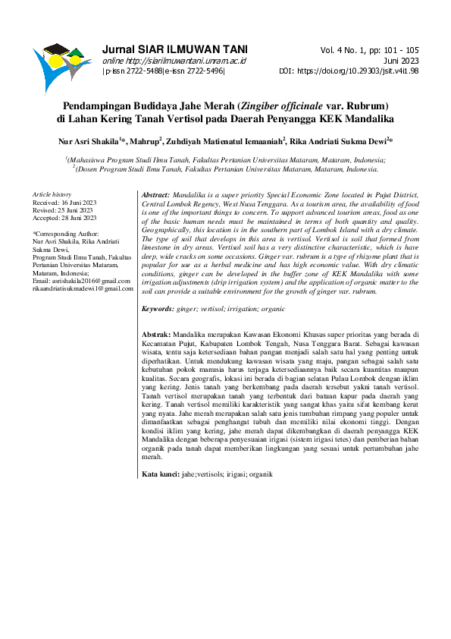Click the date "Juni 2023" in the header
pos(402,61)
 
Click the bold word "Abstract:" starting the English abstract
pos(156,195)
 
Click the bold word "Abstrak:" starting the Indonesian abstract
pos(157,334)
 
